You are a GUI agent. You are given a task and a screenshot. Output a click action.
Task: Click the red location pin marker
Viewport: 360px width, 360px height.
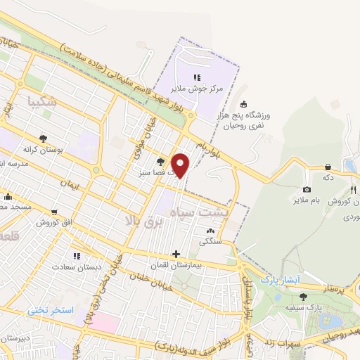(x=181, y=165)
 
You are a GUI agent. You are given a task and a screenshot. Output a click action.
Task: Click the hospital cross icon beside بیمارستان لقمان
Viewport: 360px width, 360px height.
(x=176, y=254)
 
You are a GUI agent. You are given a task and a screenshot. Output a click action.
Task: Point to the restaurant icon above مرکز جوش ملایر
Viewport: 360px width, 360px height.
(x=197, y=77)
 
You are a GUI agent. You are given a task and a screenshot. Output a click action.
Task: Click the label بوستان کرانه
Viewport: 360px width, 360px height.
(x=44, y=150)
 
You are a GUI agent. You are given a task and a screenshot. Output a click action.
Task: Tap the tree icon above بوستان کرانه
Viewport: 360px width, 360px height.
(x=44, y=139)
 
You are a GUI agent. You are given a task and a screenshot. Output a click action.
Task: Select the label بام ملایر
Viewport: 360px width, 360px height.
(x=307, y=201)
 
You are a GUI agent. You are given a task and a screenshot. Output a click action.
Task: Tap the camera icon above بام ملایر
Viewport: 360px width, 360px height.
(x=307, y=190)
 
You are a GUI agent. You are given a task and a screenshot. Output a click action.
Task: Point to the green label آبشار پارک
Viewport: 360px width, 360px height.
(x=281, y=280)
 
